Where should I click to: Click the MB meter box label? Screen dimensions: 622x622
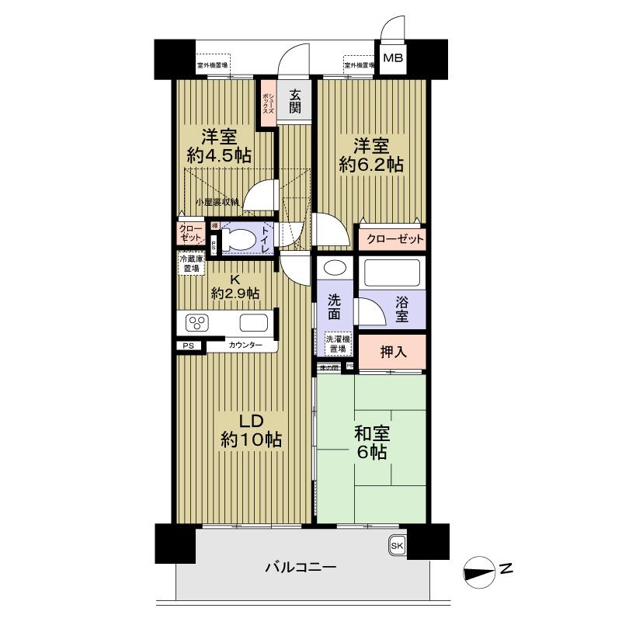[394, 57]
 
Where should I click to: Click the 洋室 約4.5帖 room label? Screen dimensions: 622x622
[219, 145]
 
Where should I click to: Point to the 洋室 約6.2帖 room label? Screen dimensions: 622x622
[369, 155]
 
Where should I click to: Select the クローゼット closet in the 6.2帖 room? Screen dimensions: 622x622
[391, 238]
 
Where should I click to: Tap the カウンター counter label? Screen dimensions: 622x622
[245, 345]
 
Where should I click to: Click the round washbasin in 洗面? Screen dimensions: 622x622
[334, 269]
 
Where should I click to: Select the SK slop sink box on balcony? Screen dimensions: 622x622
[397, 546]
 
